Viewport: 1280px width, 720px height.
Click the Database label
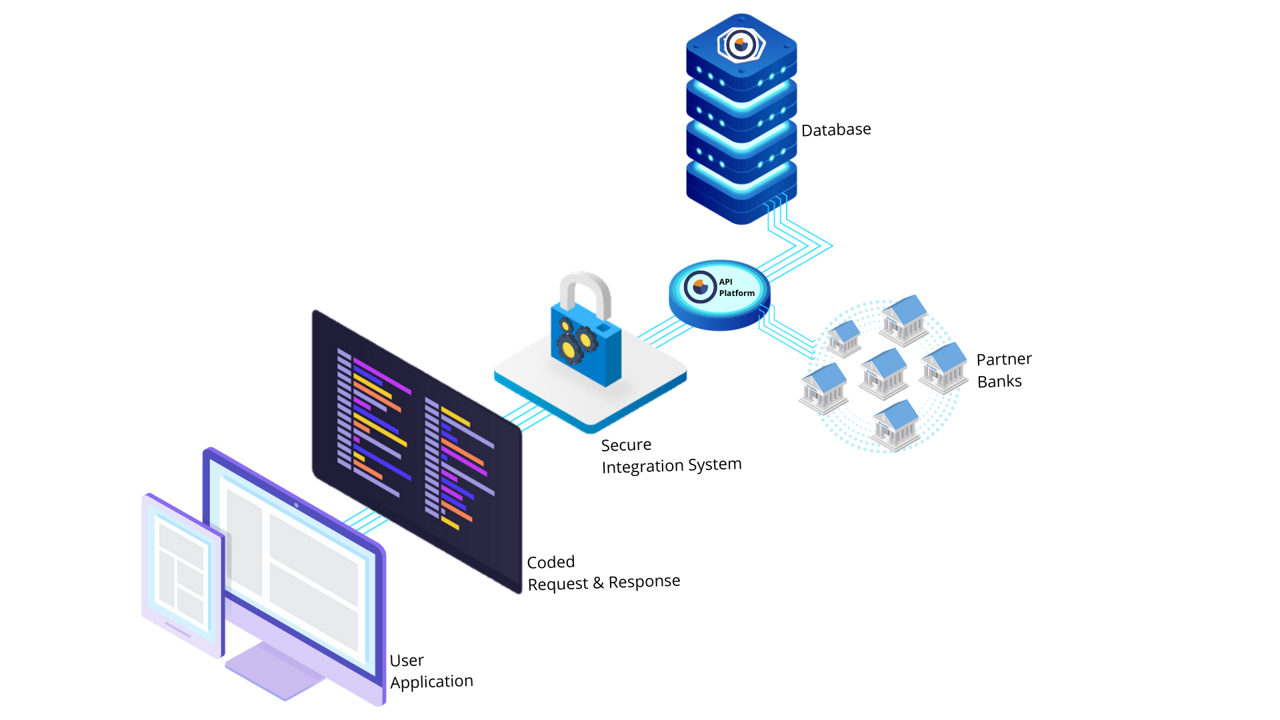836,129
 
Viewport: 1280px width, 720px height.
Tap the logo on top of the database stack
741,45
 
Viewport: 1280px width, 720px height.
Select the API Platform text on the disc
737,287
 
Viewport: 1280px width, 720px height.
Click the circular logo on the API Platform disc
700,287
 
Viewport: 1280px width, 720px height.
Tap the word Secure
626,445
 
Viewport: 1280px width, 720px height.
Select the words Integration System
671,465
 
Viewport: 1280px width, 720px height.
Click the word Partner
1004,359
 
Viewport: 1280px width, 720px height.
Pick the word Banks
999,381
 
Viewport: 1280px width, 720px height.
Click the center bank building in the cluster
884,373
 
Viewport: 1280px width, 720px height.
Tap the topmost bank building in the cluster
904,319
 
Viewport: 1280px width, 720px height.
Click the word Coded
551,563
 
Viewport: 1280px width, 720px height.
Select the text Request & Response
603,583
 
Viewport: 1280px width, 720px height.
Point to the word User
407,661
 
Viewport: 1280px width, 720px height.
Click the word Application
431,682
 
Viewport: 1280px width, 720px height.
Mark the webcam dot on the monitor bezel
297,505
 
